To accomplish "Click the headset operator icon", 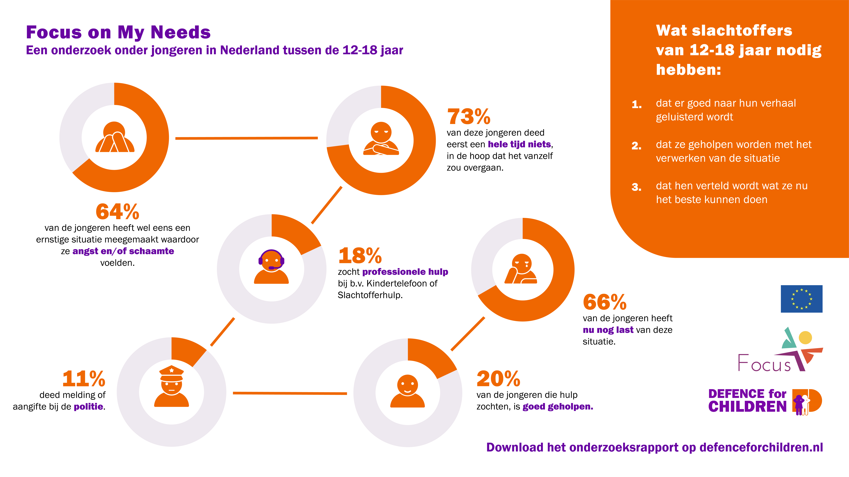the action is point(271,266).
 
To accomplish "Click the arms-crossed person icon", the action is point(381,139).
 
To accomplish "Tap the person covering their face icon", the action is point(115,137).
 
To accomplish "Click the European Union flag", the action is point(802,299).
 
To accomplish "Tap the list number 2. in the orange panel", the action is point(636,146).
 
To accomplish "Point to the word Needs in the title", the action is point(181,32).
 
